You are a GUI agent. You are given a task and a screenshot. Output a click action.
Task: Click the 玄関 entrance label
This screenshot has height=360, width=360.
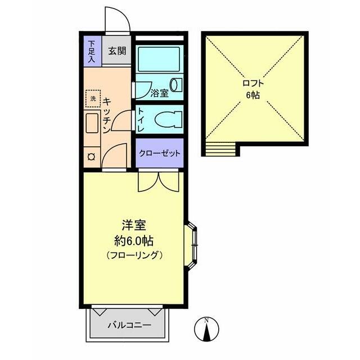coord(118,51)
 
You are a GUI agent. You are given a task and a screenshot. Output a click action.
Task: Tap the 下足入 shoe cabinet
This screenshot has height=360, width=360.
coord(92,52)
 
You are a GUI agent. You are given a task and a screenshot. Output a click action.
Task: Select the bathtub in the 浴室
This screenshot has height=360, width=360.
coord(159,59)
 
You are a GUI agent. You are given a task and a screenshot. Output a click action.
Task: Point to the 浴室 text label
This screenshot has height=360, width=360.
coord(159,93)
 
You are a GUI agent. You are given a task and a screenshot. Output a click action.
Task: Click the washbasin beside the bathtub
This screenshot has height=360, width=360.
coord(176,85)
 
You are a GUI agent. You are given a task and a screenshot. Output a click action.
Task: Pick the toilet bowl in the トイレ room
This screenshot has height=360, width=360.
coord(169,119)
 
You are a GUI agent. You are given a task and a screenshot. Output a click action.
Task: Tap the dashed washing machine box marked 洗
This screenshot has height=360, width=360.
coord(93,98)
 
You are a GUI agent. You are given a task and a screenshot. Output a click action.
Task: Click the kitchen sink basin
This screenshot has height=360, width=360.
coord(92,123)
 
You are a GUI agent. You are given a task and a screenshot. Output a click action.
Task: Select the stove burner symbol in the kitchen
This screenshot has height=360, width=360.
coord(92,157)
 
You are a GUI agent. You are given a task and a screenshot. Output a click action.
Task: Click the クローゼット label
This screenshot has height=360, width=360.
coord(160,153)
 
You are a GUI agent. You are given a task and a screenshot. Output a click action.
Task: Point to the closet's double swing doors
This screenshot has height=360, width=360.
coord(159,181)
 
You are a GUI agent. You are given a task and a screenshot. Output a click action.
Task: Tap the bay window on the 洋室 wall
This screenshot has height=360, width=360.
coord(191,245)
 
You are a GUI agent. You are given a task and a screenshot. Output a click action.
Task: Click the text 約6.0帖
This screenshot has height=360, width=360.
coord(134,241)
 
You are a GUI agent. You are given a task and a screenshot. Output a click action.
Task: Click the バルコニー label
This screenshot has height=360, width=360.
coord(130,325)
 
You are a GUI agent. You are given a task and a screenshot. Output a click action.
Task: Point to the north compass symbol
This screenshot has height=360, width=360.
coord(206,328)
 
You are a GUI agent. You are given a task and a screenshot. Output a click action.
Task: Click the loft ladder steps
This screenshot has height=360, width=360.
coord(220,148)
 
